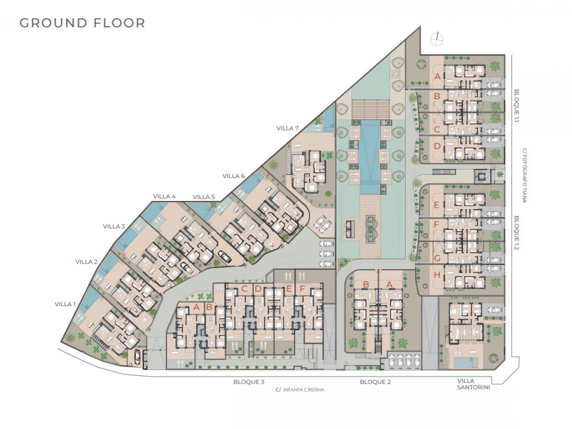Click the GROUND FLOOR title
coord(82,23)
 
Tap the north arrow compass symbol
coord(437,39)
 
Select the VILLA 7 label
coord(287,128)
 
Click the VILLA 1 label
coord(65,304)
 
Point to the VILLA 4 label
coord(164,196)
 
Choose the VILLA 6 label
coord(234,176)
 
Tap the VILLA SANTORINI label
coord(474,384)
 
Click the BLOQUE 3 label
coord(249,382)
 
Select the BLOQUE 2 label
coord(375,382)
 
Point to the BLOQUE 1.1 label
coord(517,106)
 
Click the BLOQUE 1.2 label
coord(517,233)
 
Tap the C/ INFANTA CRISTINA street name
coord(300,390)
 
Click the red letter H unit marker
coord(437,274)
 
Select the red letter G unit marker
coord(437,258)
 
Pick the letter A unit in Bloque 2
coord(389,285)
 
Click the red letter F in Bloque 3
coord(302,289)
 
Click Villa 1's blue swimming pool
coord(89,301)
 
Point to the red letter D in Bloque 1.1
coord(437,146)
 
